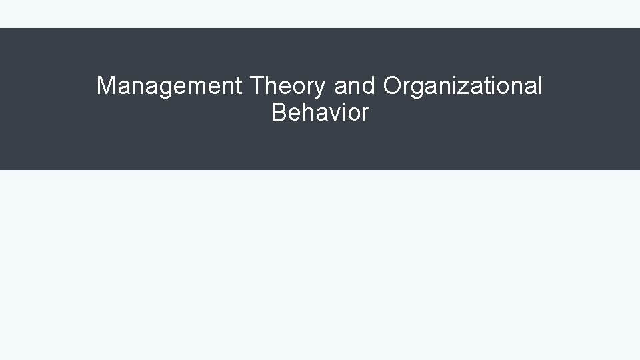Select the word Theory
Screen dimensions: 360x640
tap(287, 86)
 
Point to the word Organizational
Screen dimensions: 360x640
tap(463, 86)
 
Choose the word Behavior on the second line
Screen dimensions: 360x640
tap(319, 113)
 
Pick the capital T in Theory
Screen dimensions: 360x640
tap(256, 86)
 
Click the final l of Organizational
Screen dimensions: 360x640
tap(541, 86)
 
